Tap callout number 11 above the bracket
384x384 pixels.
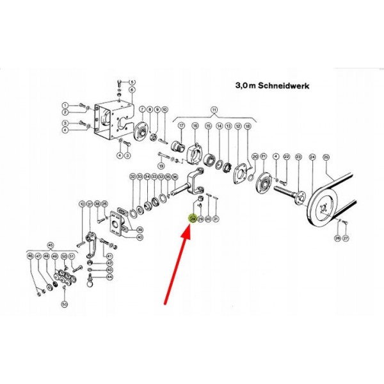pos(214,110)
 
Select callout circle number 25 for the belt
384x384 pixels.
pos(325,157)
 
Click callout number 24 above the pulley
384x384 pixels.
pos(312,157)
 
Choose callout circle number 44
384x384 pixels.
pos(109,277)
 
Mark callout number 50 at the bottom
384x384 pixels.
pos(64,304)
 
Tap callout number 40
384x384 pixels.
pos(140,237)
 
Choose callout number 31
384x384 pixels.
pos(216,219)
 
